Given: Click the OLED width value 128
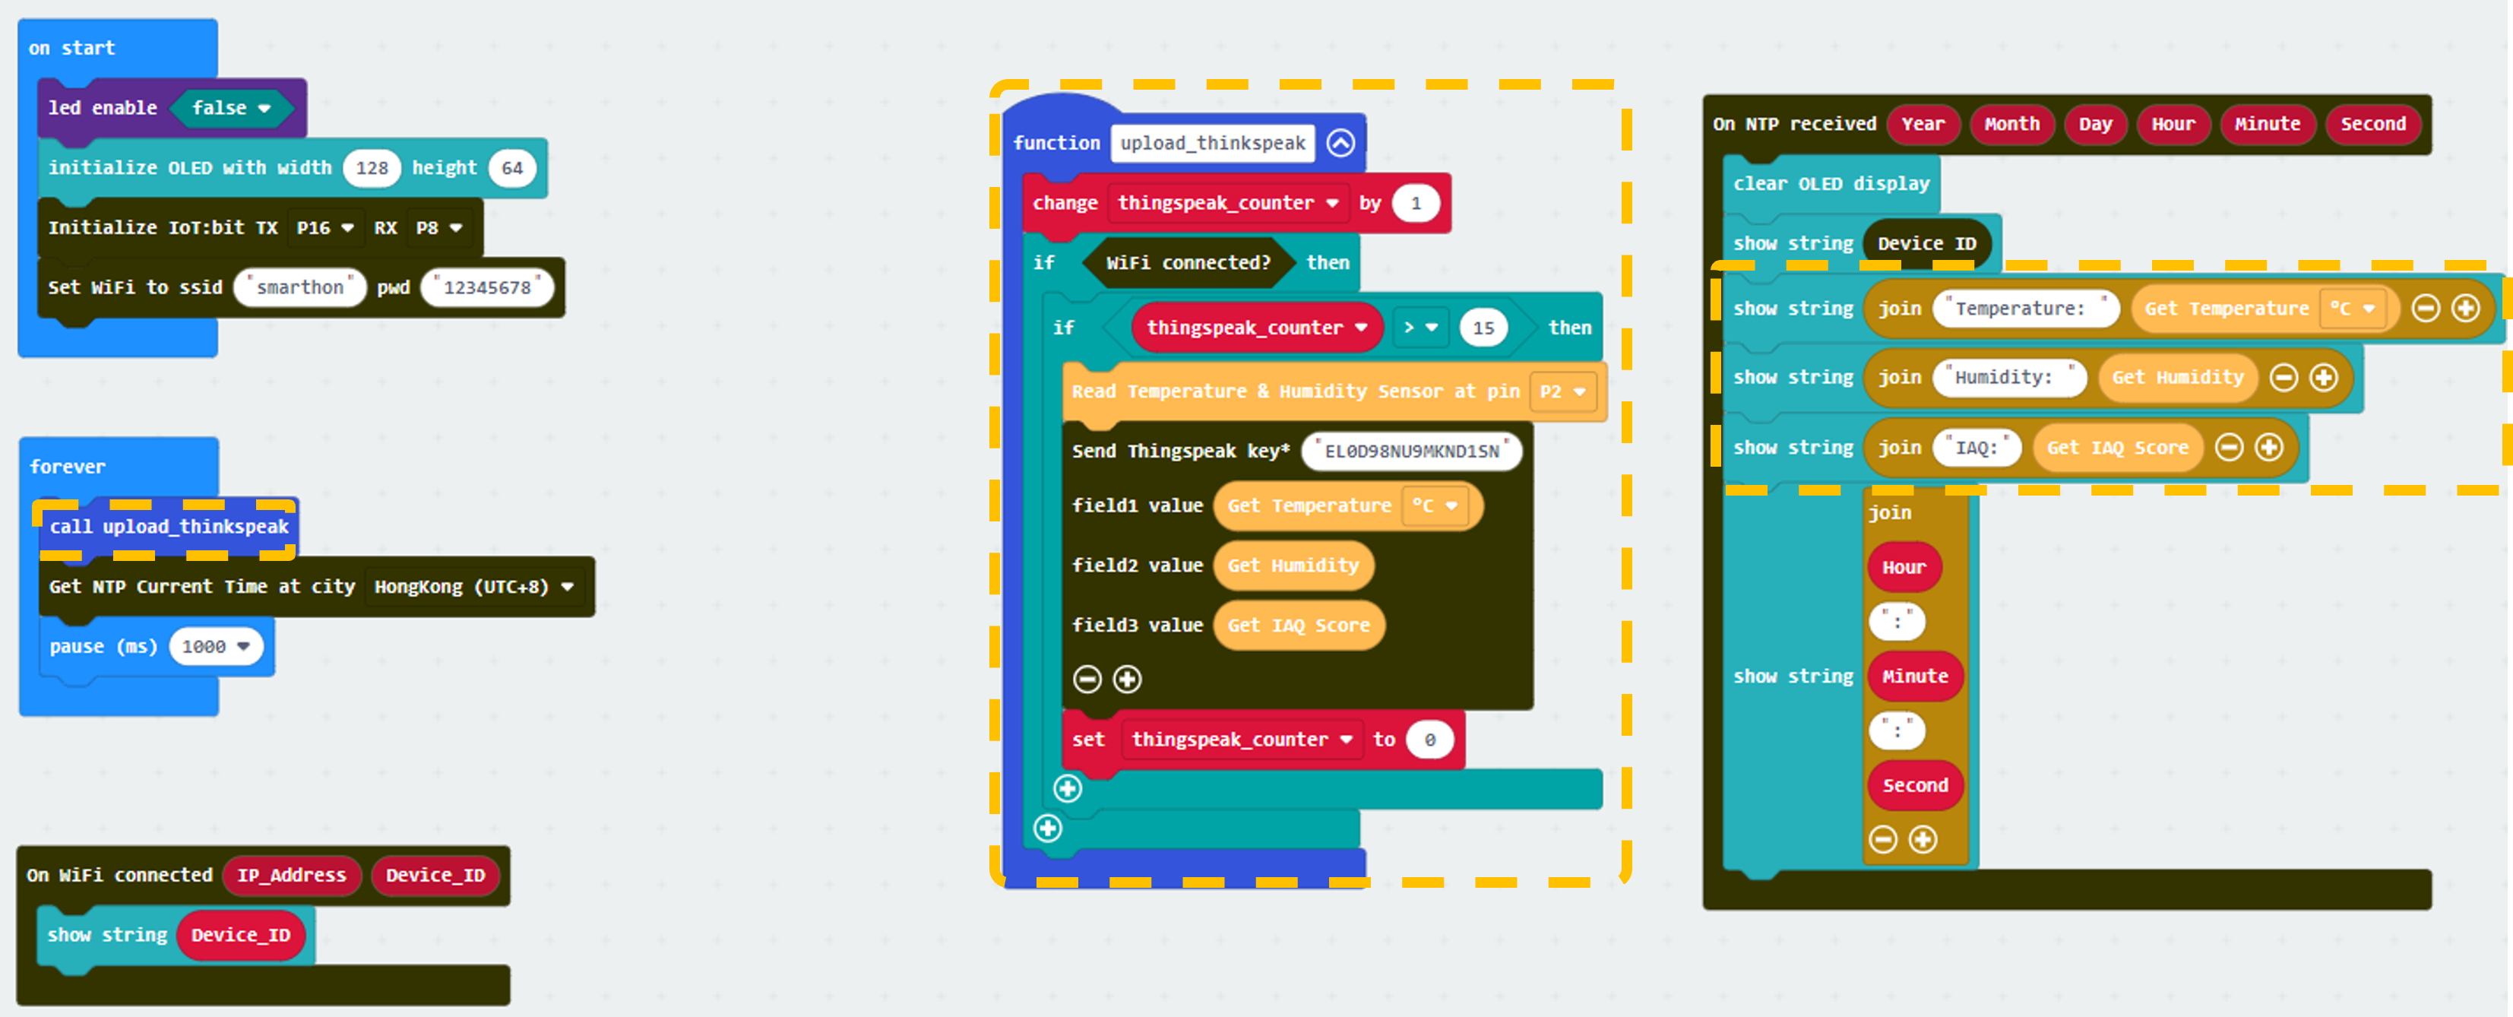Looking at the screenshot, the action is point(372,168).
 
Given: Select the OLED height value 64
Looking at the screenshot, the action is point(512,168).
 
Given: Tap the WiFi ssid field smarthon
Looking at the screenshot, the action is point(300,287).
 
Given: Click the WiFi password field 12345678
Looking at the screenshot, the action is point(488,287).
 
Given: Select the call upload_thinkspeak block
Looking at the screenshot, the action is point(169,527).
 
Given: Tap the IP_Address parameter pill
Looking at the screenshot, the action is point(292,876).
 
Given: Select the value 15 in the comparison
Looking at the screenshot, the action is point(1483,328).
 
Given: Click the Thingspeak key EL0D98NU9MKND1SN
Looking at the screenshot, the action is point(1412,451).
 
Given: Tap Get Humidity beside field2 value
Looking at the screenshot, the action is point(1293,565).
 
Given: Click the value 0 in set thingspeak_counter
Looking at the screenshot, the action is point(1429,740).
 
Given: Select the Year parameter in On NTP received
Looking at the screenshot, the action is point(1923,124).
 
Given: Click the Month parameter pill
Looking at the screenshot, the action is point(2011,124).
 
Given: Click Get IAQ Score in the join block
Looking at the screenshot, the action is point(2118,448).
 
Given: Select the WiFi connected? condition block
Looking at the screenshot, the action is point(1188,262).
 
